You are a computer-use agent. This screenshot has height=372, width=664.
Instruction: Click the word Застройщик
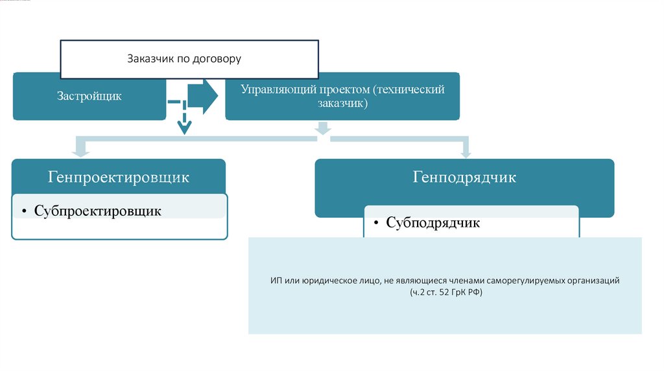89,97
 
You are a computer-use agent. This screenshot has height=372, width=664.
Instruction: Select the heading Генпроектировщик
118,177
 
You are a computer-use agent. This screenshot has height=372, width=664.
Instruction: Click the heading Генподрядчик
464,177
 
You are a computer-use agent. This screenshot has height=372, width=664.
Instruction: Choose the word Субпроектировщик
97,211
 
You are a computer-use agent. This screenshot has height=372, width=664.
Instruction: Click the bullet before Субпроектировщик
24,212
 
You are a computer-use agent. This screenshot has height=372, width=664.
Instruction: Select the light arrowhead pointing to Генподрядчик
465,152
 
